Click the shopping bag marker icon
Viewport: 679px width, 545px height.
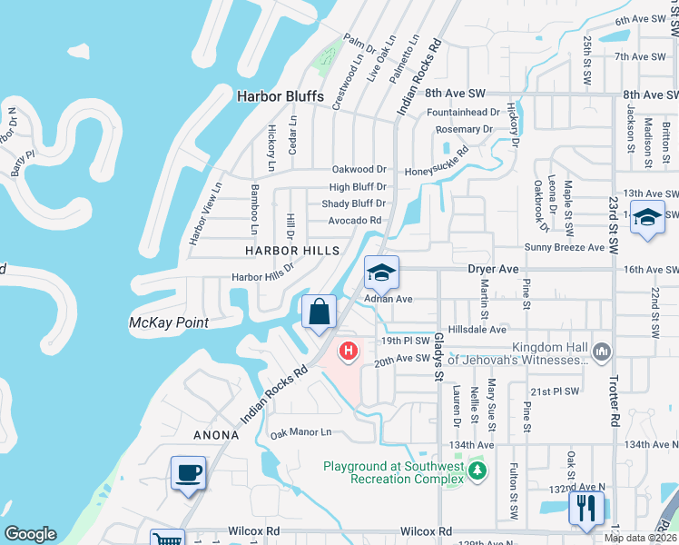point(320,312)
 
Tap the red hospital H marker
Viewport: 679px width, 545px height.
point(348,350)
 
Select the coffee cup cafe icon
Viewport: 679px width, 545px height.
point(189,473)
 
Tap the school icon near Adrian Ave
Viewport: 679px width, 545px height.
point(382,272)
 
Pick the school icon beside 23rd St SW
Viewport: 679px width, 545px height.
point(647,219)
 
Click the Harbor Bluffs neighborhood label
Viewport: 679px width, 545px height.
point(280,95)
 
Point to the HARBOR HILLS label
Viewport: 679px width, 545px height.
point(290,250)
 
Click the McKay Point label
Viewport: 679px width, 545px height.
point(169,322)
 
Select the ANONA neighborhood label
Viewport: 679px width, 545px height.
point(216,435)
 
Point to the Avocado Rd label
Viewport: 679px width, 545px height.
point(355,220)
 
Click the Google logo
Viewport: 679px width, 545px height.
point(30,534)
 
